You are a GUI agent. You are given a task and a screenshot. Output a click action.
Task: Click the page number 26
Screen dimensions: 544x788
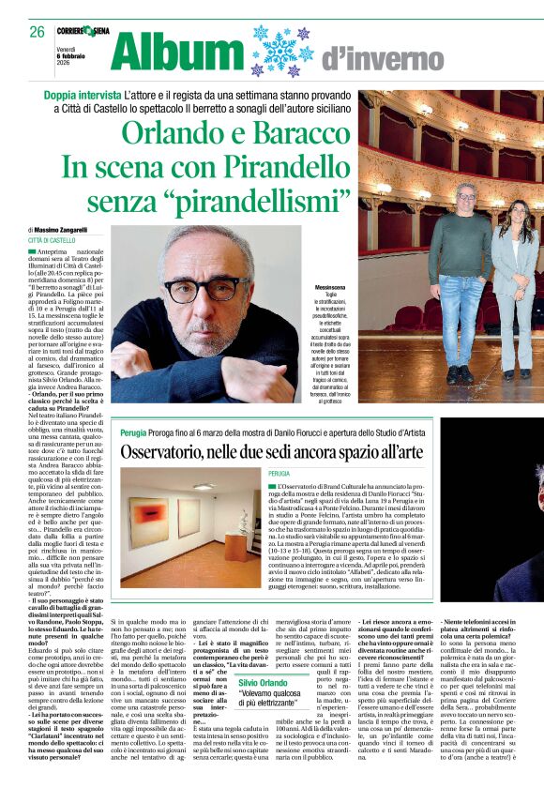point(37,32)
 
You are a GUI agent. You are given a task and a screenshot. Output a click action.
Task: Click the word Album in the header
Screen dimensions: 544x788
point(179,51)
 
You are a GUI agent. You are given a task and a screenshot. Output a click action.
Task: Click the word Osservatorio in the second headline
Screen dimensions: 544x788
point(173,451)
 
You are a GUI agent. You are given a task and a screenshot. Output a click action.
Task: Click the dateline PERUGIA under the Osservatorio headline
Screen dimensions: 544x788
point(280,475)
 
